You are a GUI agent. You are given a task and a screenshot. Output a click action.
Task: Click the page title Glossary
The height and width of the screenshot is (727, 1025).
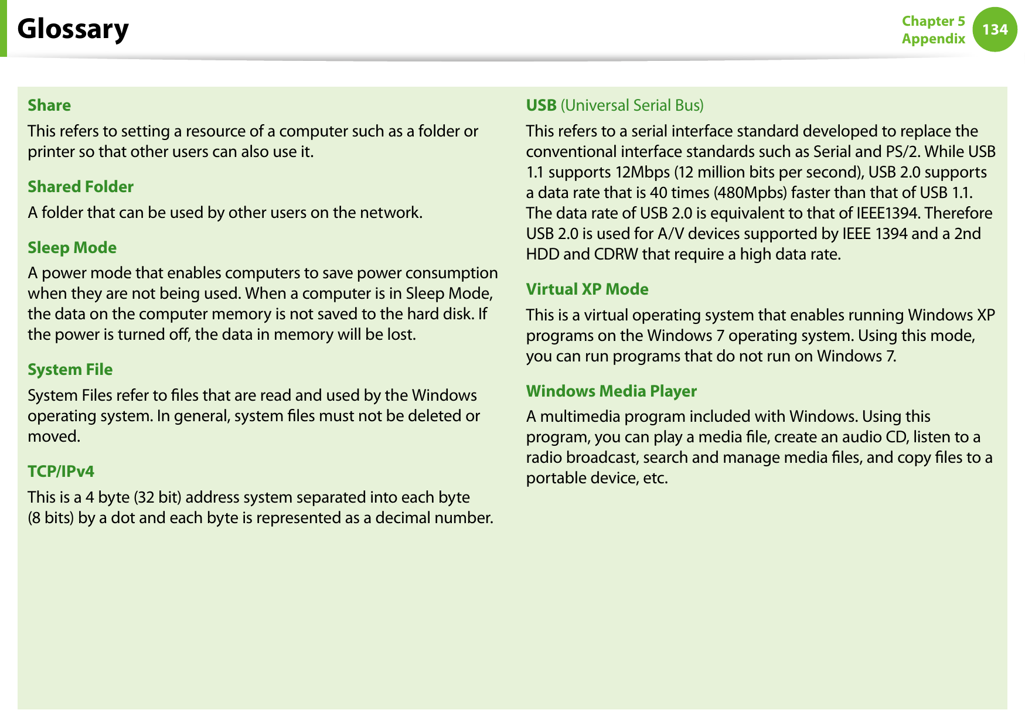(x=73, y=29)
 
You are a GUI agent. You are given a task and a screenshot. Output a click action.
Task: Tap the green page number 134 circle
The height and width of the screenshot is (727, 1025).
(x=995, y=29)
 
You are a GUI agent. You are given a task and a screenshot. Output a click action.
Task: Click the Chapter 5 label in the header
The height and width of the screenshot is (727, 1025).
(x=933, y=21)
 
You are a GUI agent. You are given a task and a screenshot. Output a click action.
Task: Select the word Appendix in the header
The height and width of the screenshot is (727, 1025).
(x=933, y=39)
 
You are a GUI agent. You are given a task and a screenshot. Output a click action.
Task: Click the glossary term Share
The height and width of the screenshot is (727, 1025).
(x=49, y=105)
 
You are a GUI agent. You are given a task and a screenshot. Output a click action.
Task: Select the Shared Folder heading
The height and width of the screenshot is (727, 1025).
(x=81, y=187)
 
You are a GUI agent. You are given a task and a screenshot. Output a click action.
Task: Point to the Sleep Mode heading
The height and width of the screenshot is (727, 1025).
(x=72, y=248)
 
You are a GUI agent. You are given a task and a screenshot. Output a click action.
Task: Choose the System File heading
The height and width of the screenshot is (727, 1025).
(x=70, y=370)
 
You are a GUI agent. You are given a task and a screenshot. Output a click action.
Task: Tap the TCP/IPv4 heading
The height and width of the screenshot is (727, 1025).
(x=61, y=472)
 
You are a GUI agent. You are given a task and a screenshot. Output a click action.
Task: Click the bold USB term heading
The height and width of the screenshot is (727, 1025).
(x=541, y=105)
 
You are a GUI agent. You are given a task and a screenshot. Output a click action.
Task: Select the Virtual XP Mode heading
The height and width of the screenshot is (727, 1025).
(x=587, y=289)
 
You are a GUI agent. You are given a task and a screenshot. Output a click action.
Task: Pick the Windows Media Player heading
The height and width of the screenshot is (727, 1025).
(x=611, y=391)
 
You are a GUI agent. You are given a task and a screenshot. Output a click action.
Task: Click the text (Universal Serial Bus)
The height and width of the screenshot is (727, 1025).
(x=632, y=105)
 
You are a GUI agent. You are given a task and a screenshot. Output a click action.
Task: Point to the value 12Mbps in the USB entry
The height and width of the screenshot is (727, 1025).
(x=642, y=172)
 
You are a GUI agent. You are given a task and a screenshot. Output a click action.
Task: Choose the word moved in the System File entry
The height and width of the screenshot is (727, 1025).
(x=53, y=436)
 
